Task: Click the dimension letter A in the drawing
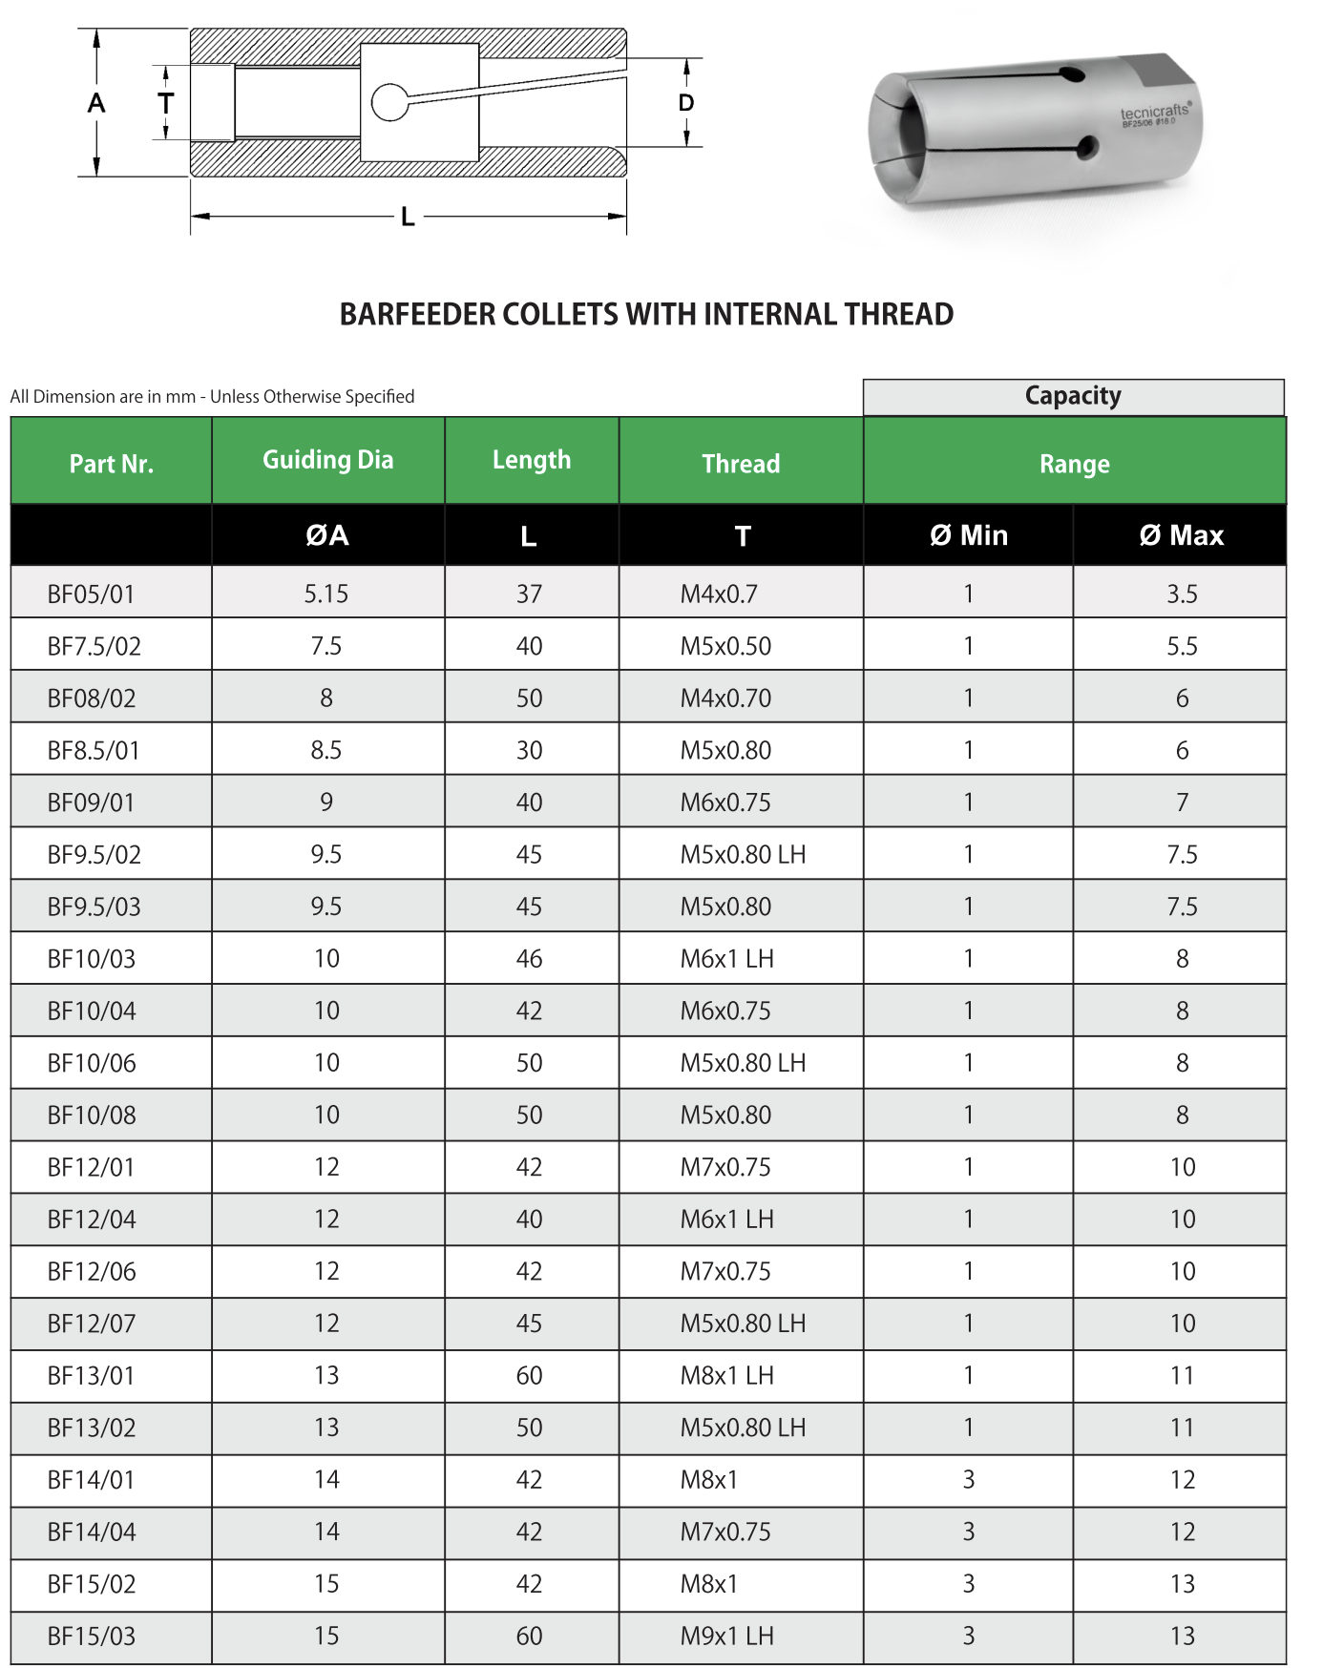coord(96,103)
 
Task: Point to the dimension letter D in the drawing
coord(686,103)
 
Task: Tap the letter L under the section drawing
coord(408,218)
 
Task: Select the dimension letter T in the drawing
coord(166,103)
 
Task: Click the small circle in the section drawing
coord(389,102)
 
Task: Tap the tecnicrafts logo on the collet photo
coord(1155,113)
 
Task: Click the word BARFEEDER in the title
coord(417,314)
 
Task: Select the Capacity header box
coord(1073,396)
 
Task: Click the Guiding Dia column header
coord(327,460)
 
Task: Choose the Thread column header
coord(741,464)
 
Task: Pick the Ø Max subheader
coord(1181,535)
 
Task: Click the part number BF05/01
coord(92,594)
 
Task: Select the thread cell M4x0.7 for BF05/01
coord(719,594)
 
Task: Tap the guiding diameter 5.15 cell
coord(326,594)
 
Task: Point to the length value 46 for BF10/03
coord(529,959)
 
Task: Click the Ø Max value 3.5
coord(1182,594)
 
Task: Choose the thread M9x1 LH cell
coord(726,1637)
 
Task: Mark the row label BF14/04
coord(92,1532)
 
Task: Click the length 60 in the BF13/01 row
coord(529,1376)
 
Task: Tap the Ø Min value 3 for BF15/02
coord(968,1584)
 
